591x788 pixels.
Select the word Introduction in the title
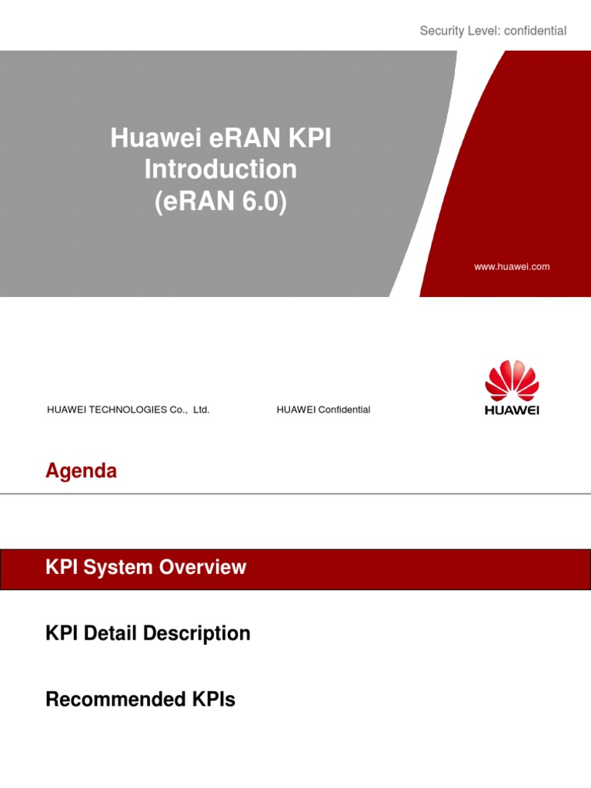pyautogui.click(x=220, y=169)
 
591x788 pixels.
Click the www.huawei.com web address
pyautogui.click(x=512, y=267)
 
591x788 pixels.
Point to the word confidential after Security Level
pyautogui.click(x=533, y=31)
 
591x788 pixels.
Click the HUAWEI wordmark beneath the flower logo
pyautogui.click(x=512, y=410)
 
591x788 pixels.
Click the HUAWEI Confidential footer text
pyautogui.click(x=323, y=410)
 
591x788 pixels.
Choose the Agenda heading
pyautogui.click(x=81, y=471)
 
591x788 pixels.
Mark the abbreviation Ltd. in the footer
pyautogui.click(x=201, y=410)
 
